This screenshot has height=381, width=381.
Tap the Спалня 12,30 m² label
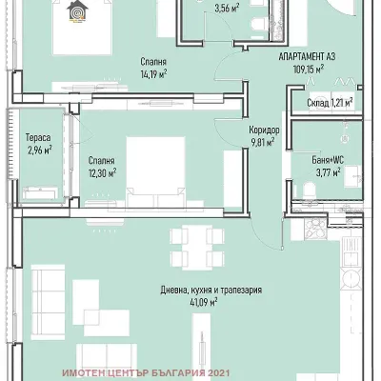(100, 167)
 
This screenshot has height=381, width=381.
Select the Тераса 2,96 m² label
(38, 144)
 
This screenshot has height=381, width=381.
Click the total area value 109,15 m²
(308, 69)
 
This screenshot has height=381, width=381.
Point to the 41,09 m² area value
(201, 302)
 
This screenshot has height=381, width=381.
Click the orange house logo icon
(75, 10)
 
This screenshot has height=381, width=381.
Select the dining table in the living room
(194, 251)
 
